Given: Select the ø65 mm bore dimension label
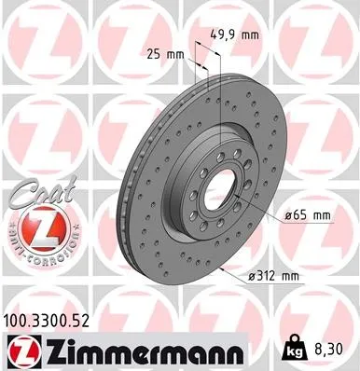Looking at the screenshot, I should [x=309, y=216].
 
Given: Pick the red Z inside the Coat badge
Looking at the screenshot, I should [x=31, y=227].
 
